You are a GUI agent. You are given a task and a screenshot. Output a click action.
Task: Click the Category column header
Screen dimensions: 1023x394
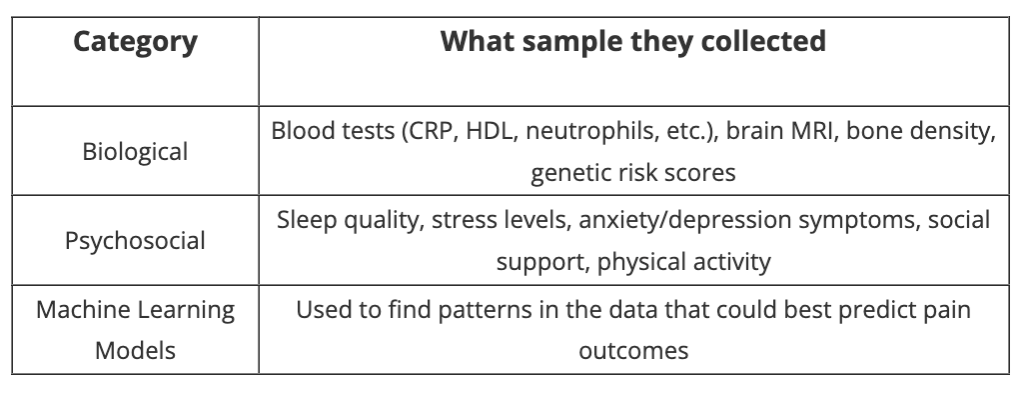click(135, 42)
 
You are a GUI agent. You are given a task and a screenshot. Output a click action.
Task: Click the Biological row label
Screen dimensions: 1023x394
click(135, 152)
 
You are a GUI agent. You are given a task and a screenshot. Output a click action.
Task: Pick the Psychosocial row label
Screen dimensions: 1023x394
click(135, 241)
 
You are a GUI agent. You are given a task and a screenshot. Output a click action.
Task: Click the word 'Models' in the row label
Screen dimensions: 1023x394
click(135, 351)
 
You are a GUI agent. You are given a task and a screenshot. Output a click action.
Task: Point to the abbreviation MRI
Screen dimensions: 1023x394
click(815, 131)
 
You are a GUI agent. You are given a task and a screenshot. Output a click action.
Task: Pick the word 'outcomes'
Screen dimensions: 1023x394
click(633, 352)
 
